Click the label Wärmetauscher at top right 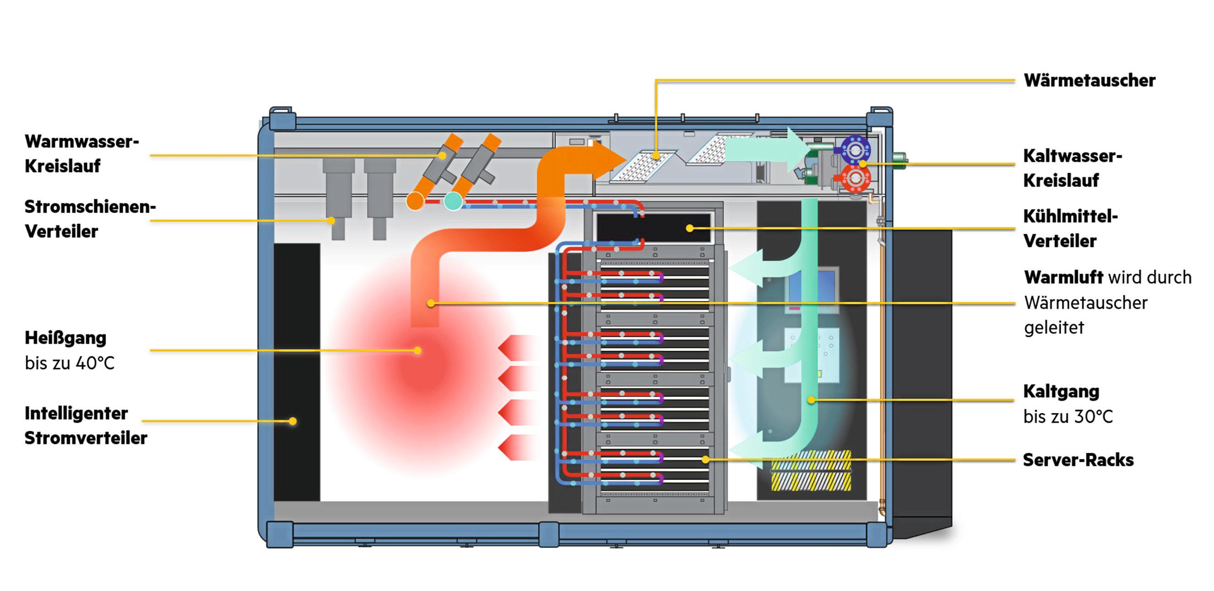[1089, 81]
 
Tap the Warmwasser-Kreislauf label [81, 154]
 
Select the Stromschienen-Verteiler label [90, 219]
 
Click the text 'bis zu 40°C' [70, 363]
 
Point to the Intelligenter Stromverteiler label [85, 426]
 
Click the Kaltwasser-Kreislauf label [1072, 168]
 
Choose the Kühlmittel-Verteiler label [1070, 228]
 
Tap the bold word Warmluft [1063, 277]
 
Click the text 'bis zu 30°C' [1068, 417]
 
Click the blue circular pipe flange [855, 150]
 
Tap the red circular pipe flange [855, 178]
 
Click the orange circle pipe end [415, 202]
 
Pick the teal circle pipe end [453, 201]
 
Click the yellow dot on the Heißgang [417, 350]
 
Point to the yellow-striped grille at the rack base [811, 471]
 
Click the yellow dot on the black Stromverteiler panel [293, 421]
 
